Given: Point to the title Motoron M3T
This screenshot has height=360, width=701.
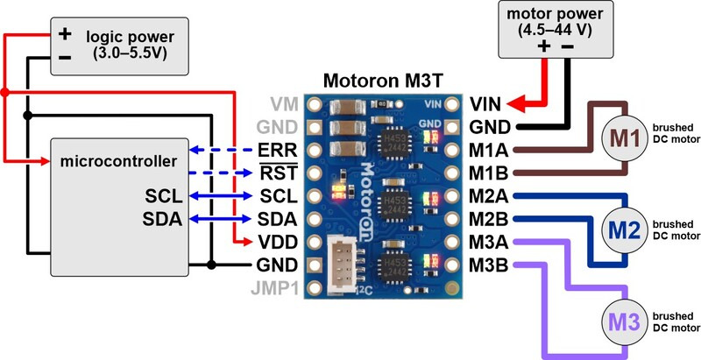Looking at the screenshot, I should [x=383, y=81].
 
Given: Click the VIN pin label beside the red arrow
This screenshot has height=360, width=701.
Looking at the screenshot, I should [x=486, y=103].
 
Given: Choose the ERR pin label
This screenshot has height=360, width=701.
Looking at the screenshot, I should [x=278, y=149].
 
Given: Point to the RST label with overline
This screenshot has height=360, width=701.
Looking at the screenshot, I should [x=278, y=172].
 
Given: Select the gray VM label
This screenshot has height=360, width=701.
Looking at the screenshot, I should [x=282, y=103].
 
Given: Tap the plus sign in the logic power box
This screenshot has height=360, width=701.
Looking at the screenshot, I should [x=64, y=35].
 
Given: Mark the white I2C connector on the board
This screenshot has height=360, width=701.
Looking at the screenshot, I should [x=343, y=262].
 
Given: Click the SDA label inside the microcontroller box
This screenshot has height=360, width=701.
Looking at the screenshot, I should [x=162, y=218].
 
